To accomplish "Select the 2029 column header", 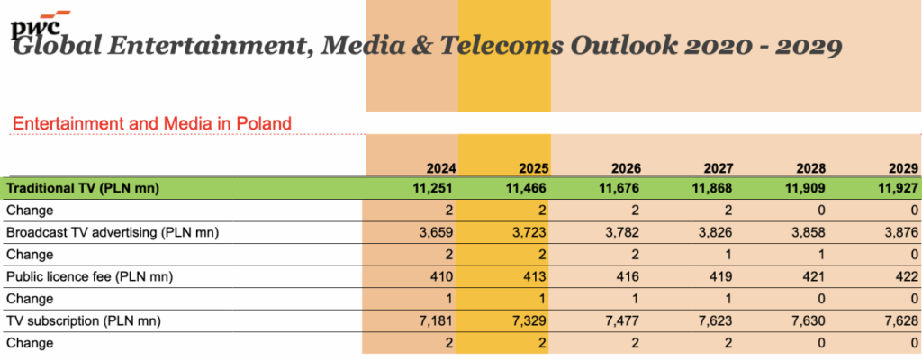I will [900, 168].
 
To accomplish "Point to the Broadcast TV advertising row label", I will [113, 232].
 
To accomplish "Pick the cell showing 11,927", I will [897, 188].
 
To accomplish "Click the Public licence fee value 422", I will [905, 275].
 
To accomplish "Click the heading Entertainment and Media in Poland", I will [150, 122].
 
